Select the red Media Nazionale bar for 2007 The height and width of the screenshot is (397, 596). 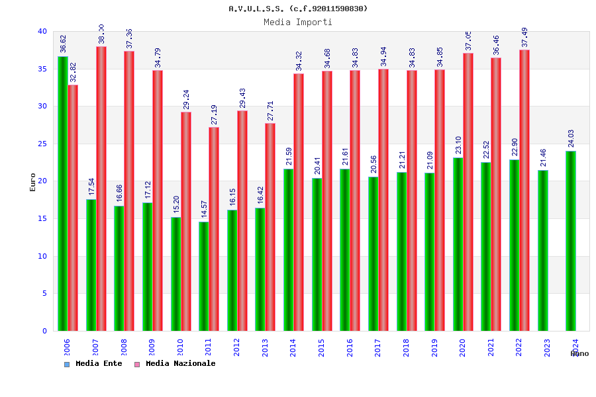coord(101,189)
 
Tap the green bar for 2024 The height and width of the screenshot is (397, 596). coord(571,241)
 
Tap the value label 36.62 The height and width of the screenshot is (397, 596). coord(63,44)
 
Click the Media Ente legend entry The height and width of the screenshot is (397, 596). coord(93,363)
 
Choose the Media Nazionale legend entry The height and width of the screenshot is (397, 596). coord(175,363)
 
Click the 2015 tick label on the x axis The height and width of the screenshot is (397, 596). coord(321,348)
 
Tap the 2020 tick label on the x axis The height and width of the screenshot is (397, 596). coord(462,348)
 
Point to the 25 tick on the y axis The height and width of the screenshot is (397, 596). coord(42,144)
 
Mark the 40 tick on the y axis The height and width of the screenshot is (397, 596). coord(42,31)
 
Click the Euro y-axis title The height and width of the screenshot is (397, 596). coord(33,182)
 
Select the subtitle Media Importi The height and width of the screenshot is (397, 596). coord(298,22)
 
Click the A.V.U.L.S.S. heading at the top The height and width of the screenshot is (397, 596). coord(298,9)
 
